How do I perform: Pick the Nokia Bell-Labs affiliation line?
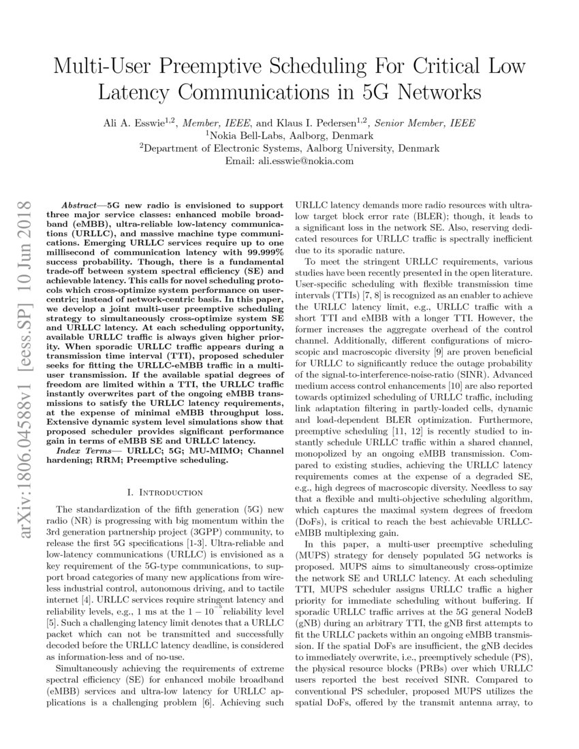click(289, 136)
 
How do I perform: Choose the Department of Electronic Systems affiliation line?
click(289, 148)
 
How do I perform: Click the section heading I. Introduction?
click(165, 492)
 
